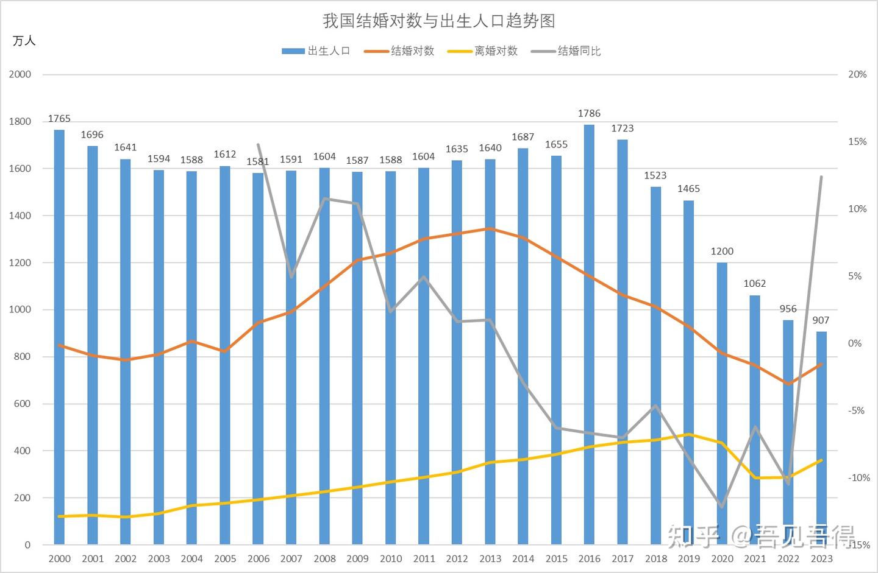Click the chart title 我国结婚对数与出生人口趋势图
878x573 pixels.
438,21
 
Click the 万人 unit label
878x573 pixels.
24,41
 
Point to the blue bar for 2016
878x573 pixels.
589,335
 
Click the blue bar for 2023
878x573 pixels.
821,438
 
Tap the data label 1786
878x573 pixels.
589,113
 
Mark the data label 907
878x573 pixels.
821,320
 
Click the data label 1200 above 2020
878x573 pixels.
722,251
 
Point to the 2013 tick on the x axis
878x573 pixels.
490,558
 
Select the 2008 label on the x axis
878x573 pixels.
324,558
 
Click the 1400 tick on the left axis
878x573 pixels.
20,216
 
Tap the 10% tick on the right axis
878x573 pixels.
857,209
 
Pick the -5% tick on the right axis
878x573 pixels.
857,410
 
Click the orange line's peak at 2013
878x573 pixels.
490,229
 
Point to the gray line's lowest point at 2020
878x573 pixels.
722,507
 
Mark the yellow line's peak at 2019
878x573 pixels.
689,434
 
